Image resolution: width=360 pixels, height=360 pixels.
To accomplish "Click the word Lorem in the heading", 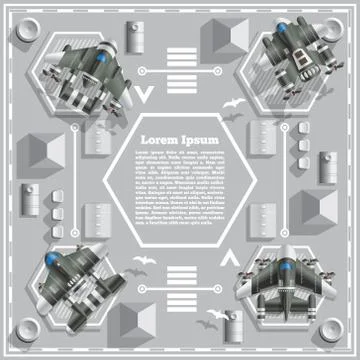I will pos(158,137).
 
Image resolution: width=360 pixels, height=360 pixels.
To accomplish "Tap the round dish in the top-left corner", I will pos(23,22).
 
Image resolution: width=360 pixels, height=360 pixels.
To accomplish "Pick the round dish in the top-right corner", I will pos(337,22).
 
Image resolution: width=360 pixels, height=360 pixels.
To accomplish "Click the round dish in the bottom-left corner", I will pos(23,337).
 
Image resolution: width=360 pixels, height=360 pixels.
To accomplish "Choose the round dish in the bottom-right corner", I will pos(337,337).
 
